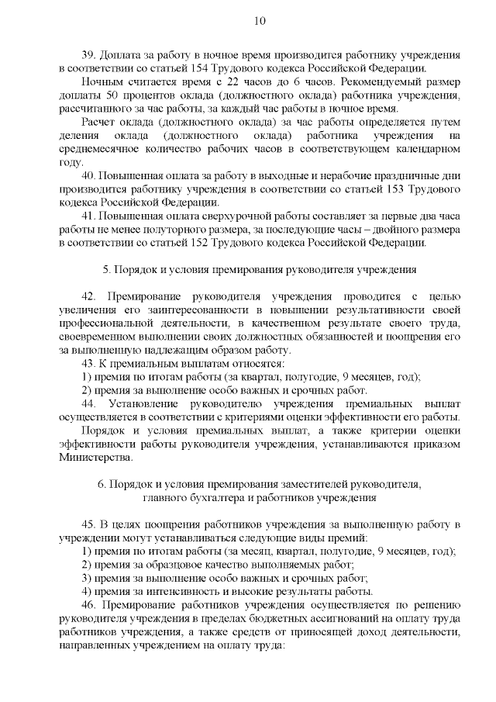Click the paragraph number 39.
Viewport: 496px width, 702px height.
[x=88, y=56]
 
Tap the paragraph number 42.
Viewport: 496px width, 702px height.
[x=88, y=297]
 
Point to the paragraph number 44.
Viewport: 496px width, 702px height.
[x=88, y=404]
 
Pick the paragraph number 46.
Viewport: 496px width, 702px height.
[x=88, y=605]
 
